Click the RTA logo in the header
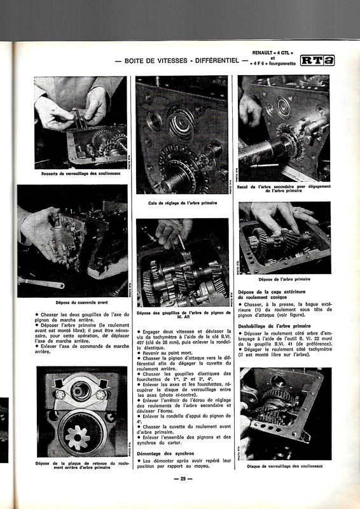[x=317, y=60]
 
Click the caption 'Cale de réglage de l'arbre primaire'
[x=182, y=203]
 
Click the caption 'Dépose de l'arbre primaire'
[x=284, y=279]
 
